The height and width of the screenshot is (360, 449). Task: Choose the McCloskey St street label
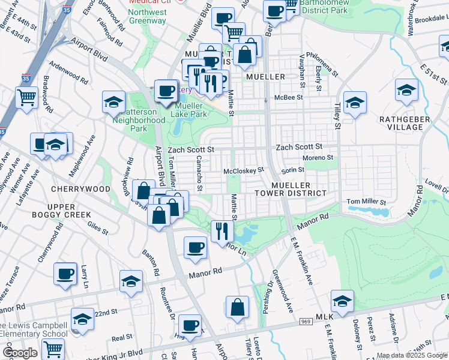point(244,170)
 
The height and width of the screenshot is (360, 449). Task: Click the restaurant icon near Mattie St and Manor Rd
point(221,230)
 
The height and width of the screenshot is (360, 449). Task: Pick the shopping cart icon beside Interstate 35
point(26,97)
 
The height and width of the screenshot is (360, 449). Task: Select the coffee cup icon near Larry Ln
point(65,274)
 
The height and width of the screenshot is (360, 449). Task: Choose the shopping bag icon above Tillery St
point(238,307)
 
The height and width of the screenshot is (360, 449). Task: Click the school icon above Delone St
point(342,301)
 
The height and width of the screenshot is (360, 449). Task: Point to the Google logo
point(20,353)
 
